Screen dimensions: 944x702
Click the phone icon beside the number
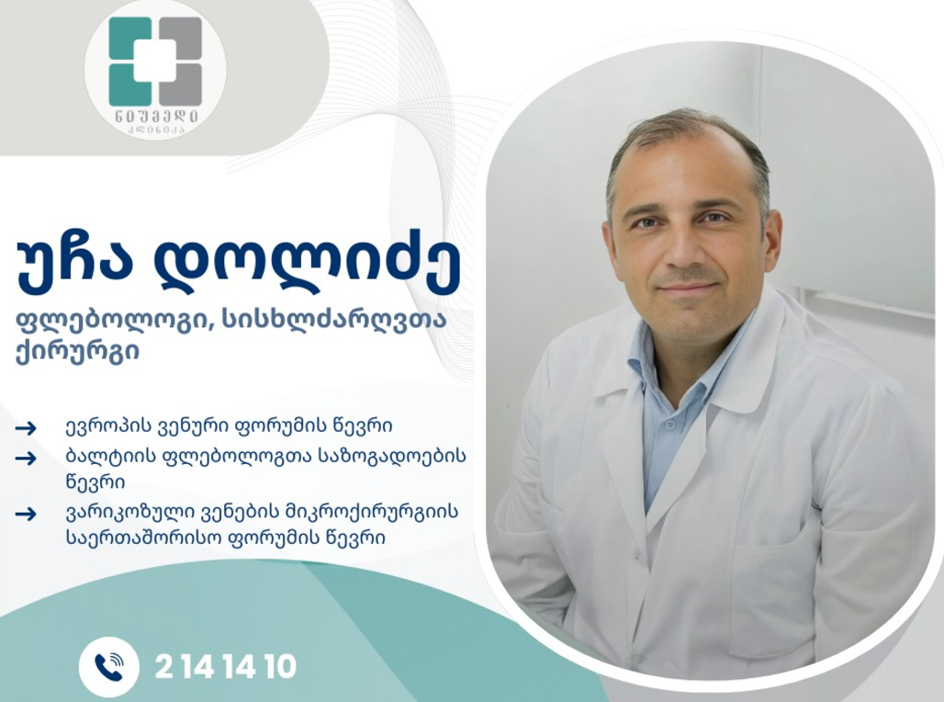tap(109, 667)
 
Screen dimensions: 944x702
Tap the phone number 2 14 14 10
tap(226, 667)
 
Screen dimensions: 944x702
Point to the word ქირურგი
tap(78, 351)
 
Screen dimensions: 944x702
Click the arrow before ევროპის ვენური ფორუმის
tap(26, 428)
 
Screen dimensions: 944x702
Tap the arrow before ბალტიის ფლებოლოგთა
tap(26, 458)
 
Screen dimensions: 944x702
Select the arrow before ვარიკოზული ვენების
tap(26, 514)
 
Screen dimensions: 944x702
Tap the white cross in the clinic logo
tap(154, 61)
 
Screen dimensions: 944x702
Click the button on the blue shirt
tap(670, 425)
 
